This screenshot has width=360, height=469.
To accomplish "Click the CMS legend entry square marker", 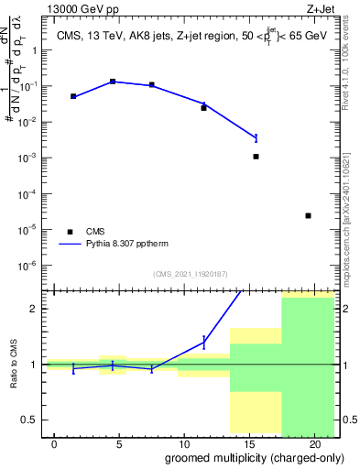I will coord(69,232).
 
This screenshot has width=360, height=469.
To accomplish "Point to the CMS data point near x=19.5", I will coord(308,215).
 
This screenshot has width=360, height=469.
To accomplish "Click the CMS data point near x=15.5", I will coord(256,157).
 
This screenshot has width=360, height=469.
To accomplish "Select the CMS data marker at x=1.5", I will coord(73,96).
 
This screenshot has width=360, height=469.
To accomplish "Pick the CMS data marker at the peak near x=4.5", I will coord(113,82).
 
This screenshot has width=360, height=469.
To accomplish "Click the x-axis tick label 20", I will coord(313,444).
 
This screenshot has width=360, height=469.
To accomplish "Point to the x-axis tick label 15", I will coord(248,444).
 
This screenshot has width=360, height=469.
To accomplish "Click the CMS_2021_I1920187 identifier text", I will coord(190,274).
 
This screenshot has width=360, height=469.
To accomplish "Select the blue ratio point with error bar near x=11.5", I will coord(203,342).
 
